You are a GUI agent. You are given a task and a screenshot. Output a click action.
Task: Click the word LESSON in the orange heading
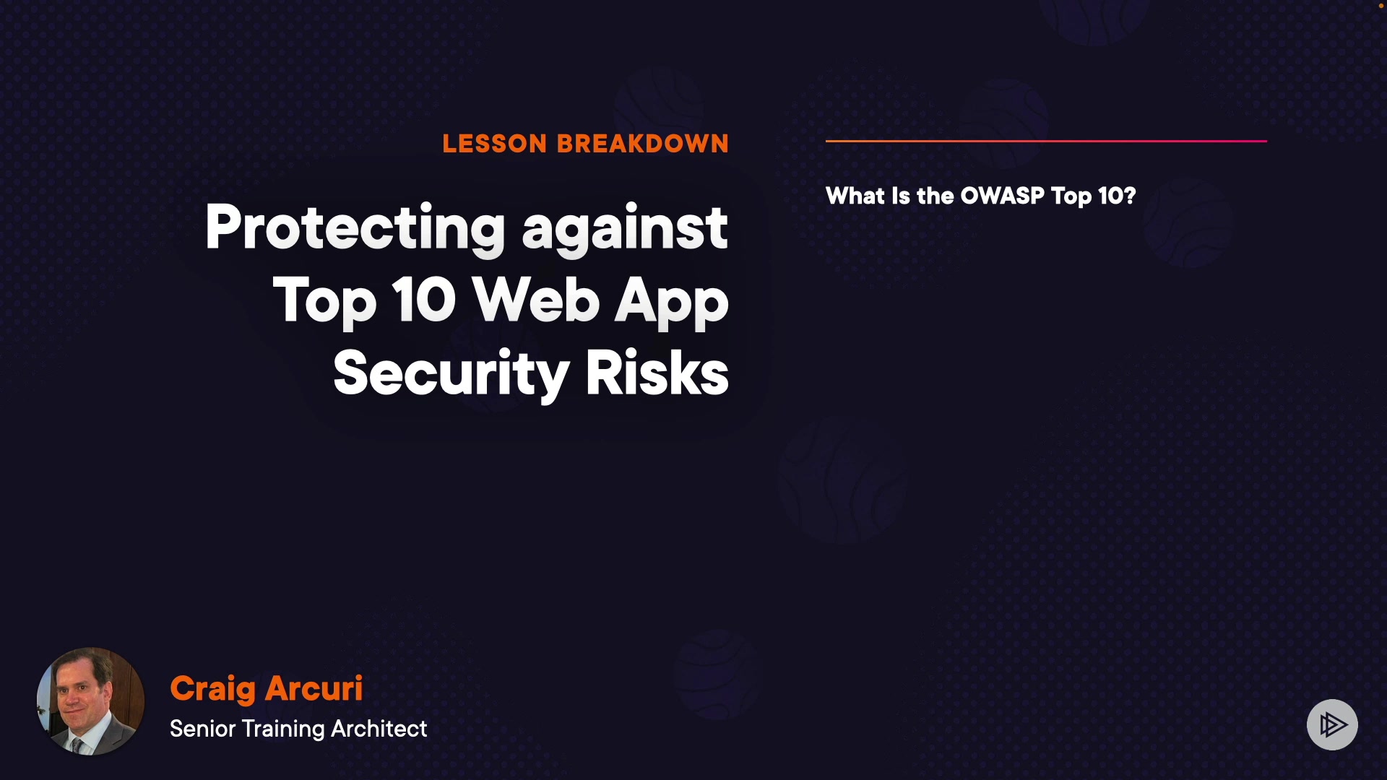495,144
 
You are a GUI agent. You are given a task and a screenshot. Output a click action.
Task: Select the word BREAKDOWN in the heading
643,144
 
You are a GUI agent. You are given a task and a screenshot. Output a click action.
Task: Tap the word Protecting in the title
355,228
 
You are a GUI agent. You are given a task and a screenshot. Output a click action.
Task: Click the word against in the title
625,228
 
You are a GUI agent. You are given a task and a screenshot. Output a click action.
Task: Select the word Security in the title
451,374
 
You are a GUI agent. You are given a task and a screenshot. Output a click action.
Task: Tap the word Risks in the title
657,373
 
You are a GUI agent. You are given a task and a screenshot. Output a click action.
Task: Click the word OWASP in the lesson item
1002,196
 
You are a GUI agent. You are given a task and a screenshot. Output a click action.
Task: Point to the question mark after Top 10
1129,196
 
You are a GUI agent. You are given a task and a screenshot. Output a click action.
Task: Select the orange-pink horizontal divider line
1046,141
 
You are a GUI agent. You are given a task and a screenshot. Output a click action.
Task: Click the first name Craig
212,690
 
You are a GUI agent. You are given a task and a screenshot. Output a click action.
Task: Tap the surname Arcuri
314,688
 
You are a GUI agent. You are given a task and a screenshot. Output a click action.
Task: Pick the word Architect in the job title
379,729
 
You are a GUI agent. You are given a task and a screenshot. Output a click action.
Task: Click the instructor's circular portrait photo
90,701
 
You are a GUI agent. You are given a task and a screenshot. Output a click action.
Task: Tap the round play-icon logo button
1332,724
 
